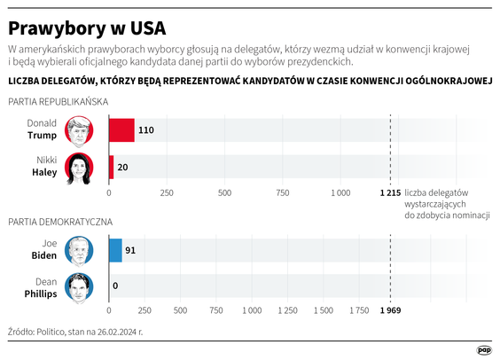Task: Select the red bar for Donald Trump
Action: (121, 130)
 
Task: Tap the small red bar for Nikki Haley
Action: (111, 167)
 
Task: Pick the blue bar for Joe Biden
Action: (114, 251)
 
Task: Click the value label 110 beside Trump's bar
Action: (146, 130)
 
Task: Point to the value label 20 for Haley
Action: (122, 167)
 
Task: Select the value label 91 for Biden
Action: (129, 251)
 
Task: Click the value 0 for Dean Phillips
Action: (115, 286)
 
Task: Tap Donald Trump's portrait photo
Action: (80, 130)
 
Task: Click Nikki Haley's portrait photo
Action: (80, 167)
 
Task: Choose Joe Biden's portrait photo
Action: (80, 251)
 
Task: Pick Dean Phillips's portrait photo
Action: (80, 286)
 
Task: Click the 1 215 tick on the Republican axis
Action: (390, 192)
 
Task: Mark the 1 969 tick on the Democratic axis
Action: (390, 312)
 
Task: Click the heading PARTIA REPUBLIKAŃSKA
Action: (58, 102)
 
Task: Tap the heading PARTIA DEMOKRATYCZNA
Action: (59, 222)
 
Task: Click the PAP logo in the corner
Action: (482, 348)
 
